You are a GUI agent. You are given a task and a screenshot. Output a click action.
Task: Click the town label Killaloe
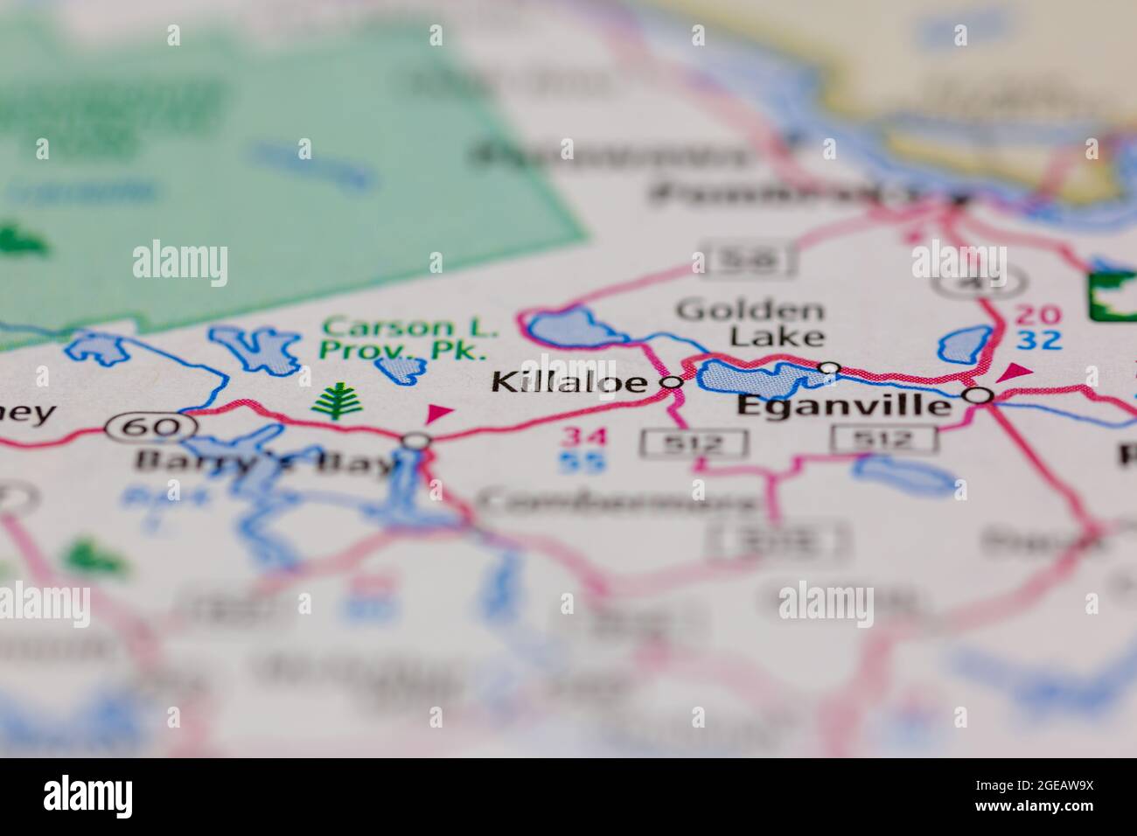tap(569, 382)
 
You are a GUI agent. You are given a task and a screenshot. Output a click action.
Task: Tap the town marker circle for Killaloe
tap(672, 382)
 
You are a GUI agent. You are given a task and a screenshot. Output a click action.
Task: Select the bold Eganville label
tap(843, 406)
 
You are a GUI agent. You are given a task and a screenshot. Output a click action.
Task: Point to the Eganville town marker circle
tap(980, 396)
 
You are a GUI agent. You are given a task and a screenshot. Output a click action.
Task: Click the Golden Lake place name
tap(751, 323)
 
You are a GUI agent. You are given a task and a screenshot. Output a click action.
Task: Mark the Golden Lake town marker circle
tap(829, 368)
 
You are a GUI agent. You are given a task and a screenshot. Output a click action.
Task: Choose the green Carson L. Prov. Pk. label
tap(408, 339)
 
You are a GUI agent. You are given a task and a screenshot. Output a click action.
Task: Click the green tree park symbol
tap(334, 401)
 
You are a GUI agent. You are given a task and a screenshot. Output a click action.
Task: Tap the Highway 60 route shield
tap(149, 428)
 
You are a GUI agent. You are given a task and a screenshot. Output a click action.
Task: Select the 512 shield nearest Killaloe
tap(693, 443)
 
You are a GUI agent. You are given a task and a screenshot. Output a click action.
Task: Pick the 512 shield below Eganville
tap(884, 439)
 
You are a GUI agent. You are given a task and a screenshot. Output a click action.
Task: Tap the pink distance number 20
tap(1038, 316)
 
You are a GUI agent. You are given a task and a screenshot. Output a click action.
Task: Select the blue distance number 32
tap(1038, 340)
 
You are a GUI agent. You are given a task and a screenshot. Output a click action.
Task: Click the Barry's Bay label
tap(266, 463)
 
